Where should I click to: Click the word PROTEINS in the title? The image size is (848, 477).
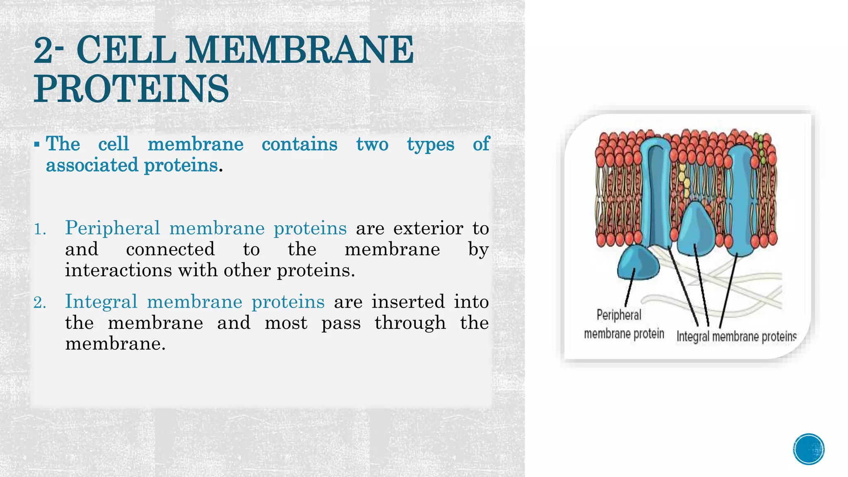click(x=131, y=89)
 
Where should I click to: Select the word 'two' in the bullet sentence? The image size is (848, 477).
click(x=372, y=144)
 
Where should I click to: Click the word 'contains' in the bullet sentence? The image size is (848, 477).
click(x=299, y=144)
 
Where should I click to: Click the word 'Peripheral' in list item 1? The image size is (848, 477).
click(x=112, y=228)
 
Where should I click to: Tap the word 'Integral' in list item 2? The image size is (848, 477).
click(x=101, y=301)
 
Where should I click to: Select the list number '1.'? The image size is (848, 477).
click(x=40, y=229)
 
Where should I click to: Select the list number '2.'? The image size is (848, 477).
click(x=40, y=303)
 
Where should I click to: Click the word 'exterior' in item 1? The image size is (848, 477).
click(x=428, y=228)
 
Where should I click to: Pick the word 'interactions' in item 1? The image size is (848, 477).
click(x=118, y=270)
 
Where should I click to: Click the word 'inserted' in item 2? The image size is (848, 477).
click(x=408, y=301)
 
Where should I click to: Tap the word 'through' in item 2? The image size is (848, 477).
click(x=410, y=323)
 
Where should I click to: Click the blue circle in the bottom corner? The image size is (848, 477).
click(x=809, y=449)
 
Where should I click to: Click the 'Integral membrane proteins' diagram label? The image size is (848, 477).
click(x=736, y=336)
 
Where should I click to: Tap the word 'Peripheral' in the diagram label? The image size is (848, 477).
click(x=619, y=315)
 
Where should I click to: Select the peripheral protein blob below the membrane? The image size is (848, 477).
click(x=638, y=263)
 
